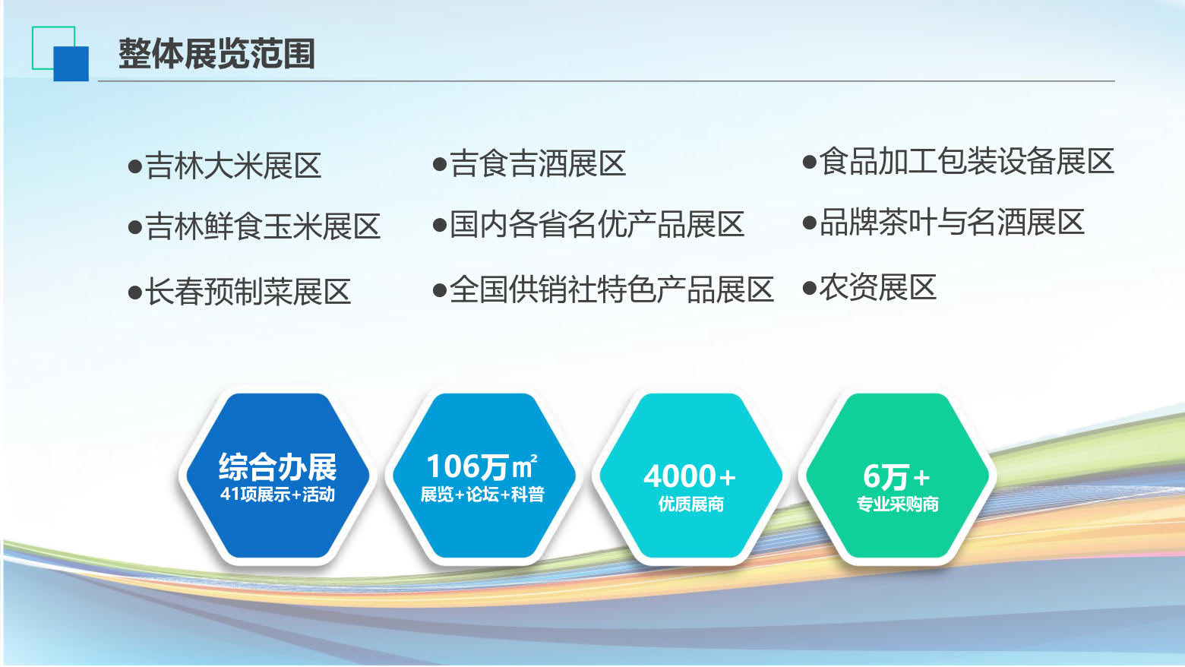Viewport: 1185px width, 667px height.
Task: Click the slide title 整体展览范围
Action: (217, 53)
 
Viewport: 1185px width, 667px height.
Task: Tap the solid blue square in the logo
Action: (71, 64)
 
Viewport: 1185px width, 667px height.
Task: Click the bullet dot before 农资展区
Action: (810, 288)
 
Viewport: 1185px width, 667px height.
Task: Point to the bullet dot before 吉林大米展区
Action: (135, 166)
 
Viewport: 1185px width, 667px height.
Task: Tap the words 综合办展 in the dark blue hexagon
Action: (278, 466)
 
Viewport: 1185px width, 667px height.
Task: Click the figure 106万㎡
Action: (482, 466)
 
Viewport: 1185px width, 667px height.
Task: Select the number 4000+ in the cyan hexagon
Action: (690, 476)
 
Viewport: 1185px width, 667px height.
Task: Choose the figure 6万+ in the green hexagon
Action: (896, 476)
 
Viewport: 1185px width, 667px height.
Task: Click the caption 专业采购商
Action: (897, 504)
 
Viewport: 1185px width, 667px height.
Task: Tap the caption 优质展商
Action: (690, 504)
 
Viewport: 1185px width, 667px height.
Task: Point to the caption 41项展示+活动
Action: (278, 494)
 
